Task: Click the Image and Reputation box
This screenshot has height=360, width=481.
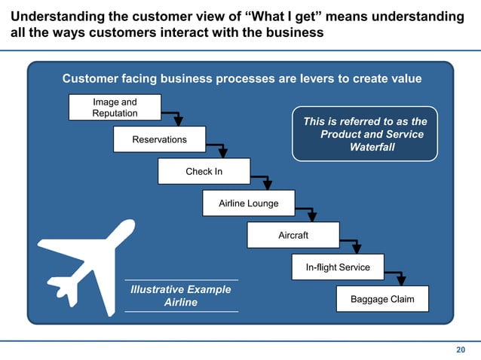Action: (115, 108)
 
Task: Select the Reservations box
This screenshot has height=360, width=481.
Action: (159, 139)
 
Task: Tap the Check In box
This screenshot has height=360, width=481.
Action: (204, 172)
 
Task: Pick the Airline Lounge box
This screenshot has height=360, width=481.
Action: (248, 203)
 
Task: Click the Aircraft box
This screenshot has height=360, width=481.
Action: (293, 236)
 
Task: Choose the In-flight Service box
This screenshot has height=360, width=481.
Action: (337, 267)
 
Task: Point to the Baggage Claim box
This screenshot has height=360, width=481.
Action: (381, 299)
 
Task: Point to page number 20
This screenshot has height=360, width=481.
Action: (461, 349)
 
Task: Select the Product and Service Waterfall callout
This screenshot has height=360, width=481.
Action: (365, 134)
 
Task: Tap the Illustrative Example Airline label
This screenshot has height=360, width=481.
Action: (181, 296)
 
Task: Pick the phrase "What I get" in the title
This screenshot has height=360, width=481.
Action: (287, 17)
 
